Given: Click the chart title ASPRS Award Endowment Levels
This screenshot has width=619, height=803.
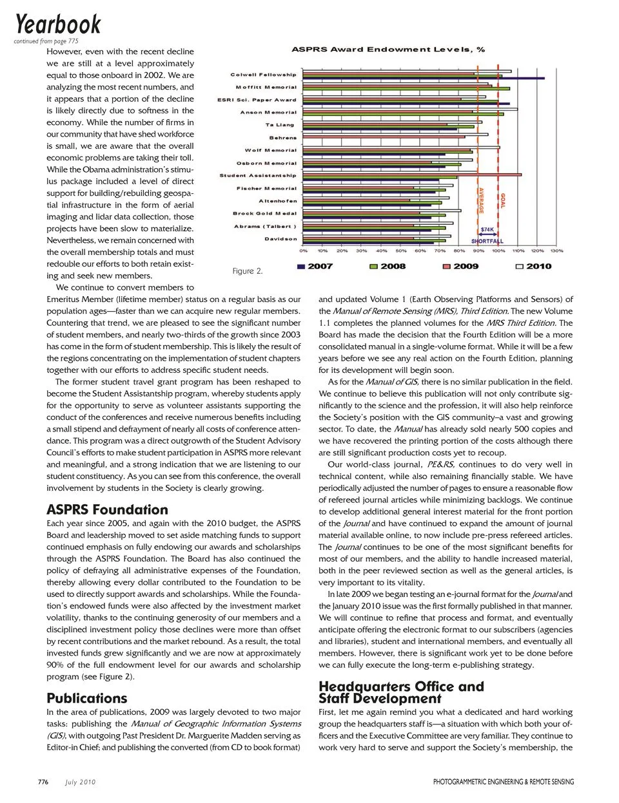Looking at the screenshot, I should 388,50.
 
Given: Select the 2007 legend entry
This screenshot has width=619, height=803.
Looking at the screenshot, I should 315,266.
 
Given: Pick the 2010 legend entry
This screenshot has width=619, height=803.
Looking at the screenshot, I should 533,266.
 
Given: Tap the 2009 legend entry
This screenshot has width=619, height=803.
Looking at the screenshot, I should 460,266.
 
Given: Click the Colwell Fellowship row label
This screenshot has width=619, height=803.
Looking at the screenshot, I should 263,75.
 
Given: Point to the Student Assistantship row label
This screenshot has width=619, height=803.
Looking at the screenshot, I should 258,175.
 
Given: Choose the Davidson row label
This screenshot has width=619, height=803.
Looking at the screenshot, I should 280,239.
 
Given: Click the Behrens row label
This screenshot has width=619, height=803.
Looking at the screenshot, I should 283,138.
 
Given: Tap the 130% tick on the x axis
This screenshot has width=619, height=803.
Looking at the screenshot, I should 556,251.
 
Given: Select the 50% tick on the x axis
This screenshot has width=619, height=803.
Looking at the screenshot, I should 401,251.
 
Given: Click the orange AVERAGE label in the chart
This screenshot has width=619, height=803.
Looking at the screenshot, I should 481,200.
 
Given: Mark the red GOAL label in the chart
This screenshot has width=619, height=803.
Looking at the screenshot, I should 503,200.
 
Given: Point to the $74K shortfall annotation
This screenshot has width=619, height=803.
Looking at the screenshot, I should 487,229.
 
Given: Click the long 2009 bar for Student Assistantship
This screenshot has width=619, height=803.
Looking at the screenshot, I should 413,175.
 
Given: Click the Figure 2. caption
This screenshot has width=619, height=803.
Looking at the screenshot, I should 248,271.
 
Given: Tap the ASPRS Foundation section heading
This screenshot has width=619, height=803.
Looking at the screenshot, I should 107,509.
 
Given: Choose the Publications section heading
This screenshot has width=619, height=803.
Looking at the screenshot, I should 87,698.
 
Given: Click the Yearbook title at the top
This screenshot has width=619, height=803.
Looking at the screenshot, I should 58,24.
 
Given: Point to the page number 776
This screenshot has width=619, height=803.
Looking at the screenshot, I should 43,782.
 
